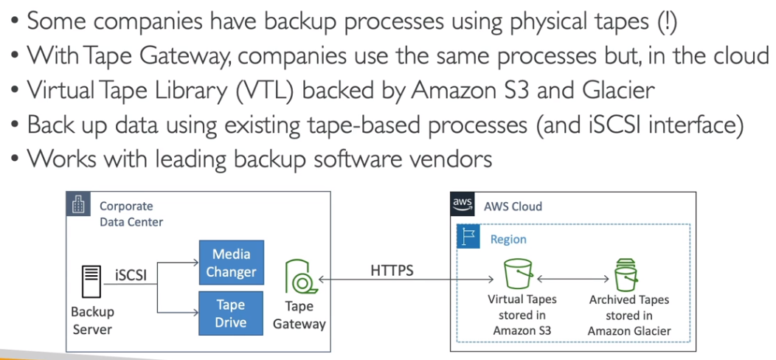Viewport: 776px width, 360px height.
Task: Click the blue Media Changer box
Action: click(231, 263)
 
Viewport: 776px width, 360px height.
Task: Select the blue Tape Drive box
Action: click(231, 313)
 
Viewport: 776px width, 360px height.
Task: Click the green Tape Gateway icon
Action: click(299, 277)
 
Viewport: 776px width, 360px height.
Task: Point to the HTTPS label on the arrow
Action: click(392, 271)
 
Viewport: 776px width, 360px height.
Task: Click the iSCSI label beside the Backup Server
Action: click(131, 276)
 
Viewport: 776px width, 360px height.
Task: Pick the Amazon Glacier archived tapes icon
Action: click(626, 275)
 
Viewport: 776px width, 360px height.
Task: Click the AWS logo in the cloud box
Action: click(462, 206)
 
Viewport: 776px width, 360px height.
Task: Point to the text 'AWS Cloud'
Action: click(513, 206)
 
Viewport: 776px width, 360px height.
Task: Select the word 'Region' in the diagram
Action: click(508, 240)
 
